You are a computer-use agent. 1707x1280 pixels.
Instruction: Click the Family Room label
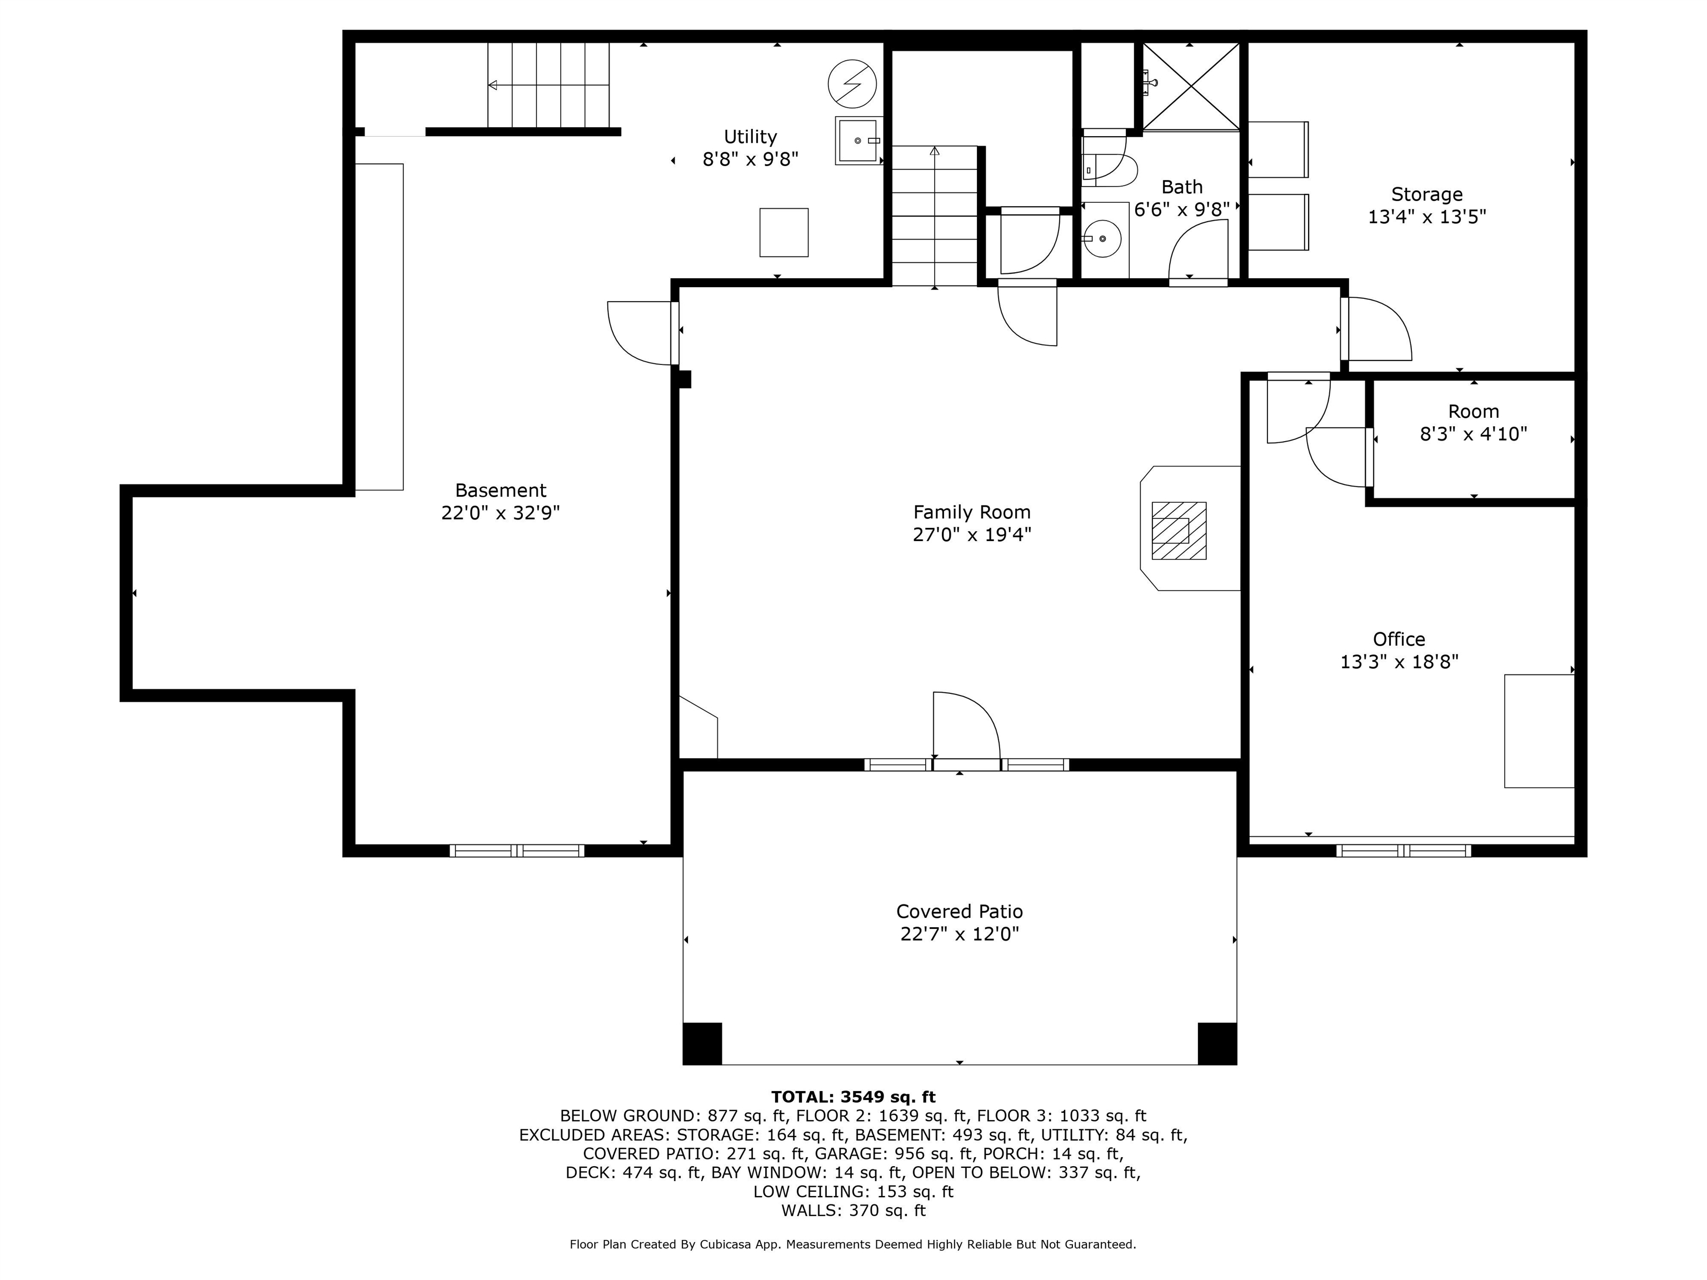pos(971,512)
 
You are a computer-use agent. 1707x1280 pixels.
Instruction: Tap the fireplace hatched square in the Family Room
pos(1179,531)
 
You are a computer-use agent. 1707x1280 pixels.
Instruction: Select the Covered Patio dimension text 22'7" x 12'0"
pos(959,933)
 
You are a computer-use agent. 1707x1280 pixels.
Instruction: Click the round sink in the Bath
pos(1104,239)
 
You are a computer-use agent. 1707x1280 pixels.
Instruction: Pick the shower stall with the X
pos(1191,87)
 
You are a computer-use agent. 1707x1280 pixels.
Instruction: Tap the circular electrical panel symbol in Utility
pos(852,84)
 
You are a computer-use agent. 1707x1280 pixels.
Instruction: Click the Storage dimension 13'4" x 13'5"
pos(1427,217)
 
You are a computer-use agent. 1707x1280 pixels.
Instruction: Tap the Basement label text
pos(500,491)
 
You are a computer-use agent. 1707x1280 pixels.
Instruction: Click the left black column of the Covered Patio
pos(702,1043)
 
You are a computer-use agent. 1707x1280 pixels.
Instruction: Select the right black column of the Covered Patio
pos(1217,1043)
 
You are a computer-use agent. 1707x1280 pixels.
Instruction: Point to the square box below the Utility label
pos(784,232)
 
